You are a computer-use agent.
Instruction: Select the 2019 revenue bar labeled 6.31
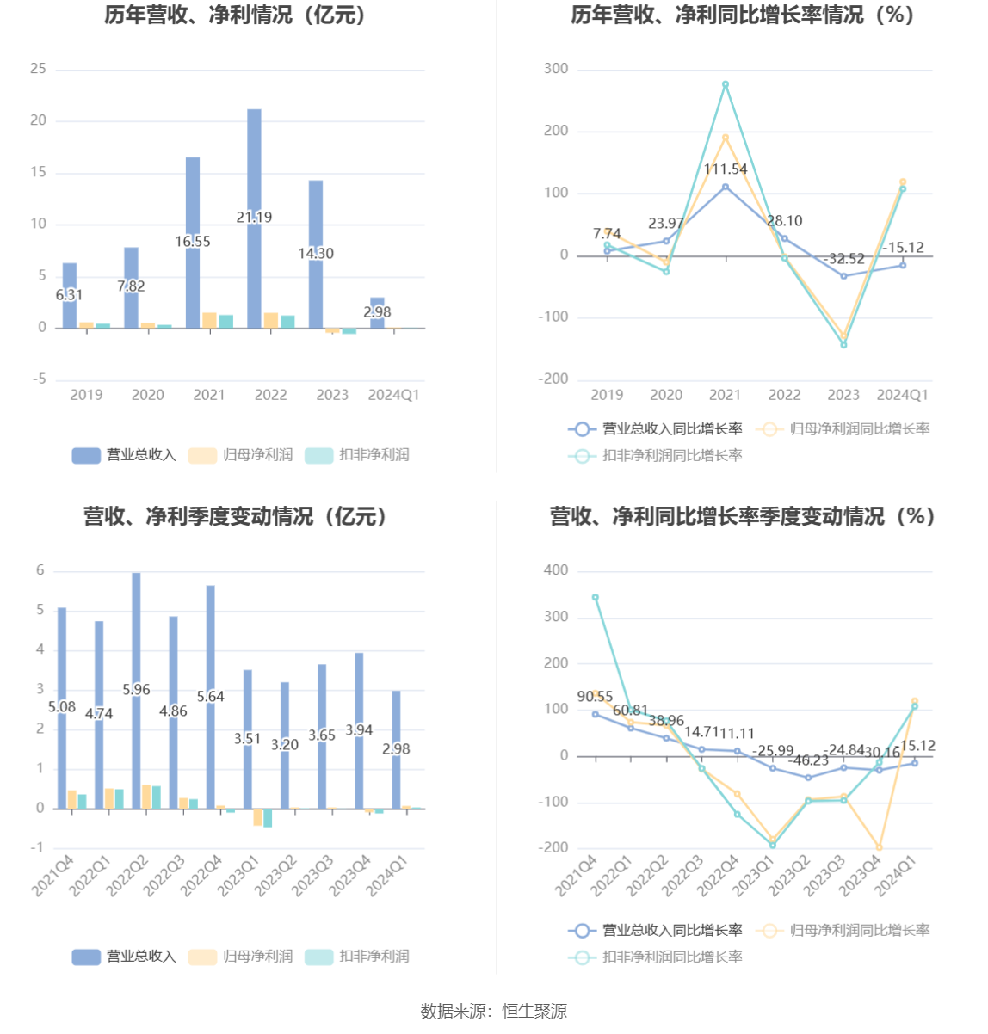click(70, 310)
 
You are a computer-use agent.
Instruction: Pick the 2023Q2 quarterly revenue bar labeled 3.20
click(285, 774)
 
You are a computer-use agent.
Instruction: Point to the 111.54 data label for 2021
click(726, 169)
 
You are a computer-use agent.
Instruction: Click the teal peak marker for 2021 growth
click(726, 84)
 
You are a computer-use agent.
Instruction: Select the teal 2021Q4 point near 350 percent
click(596, 597)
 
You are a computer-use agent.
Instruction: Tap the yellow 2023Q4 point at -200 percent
click(879, 847)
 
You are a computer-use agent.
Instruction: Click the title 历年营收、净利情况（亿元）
click(236, 15)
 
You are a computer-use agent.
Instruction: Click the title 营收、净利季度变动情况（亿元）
click(236, 516)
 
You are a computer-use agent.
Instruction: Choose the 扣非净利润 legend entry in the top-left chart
click(358, 455)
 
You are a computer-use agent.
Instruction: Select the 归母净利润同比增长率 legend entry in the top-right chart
click(844, 428)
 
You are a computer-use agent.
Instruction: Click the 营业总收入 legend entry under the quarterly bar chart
click(125, 957)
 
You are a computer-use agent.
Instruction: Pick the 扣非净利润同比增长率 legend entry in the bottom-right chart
click(656, 957)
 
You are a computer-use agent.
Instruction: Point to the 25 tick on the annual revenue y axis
click(39, 69)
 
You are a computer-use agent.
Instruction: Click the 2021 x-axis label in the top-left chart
click(209, 395)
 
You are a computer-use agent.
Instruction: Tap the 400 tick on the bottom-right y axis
click(557, 570)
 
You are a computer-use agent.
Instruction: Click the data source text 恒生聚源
click(534, 1012)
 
